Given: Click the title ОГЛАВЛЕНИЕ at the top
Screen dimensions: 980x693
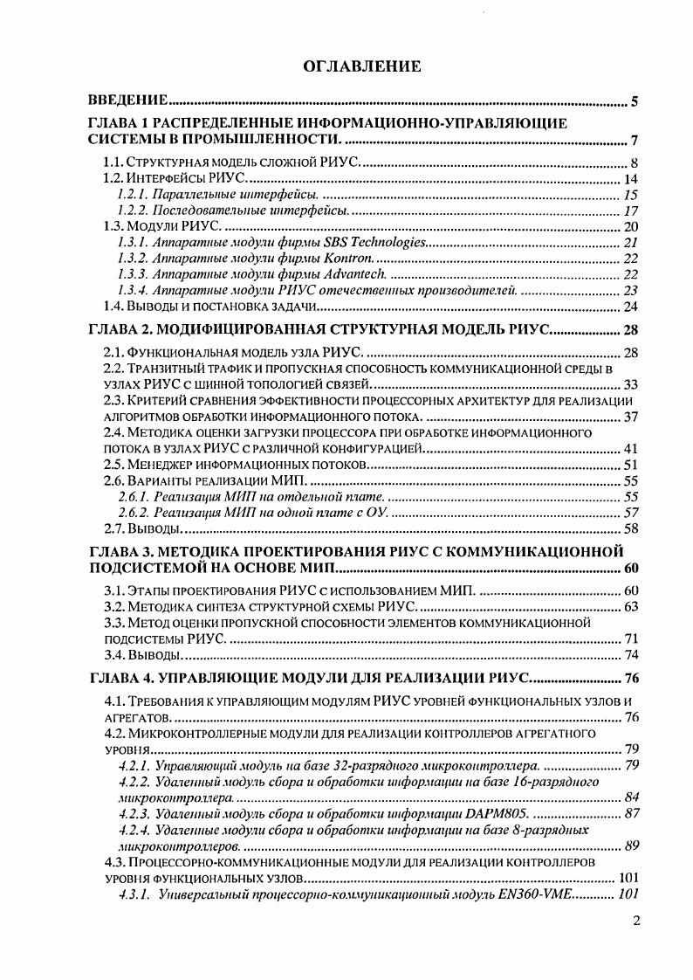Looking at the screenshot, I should (x=348, y=66).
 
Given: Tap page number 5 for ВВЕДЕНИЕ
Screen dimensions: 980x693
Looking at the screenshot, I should (x=635, y=103).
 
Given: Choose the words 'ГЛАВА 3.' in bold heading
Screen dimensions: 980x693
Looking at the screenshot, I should (x=122, y=551).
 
